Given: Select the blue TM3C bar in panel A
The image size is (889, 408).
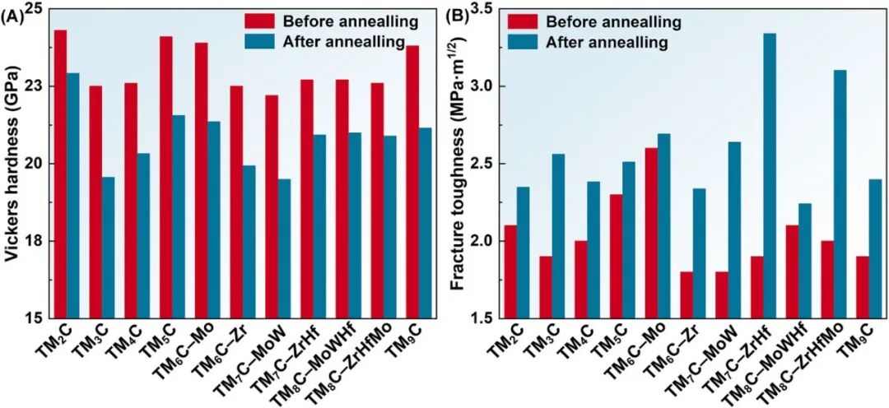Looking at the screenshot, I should (108, 248).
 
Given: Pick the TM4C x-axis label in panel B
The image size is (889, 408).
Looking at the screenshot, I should (580, 339).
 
